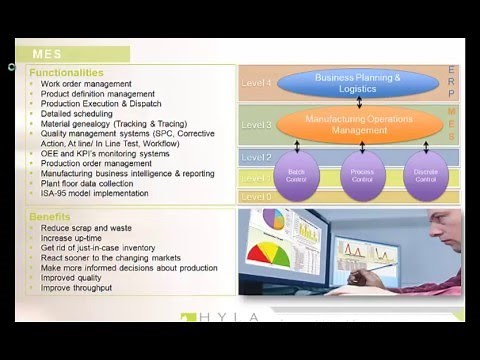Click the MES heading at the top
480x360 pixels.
(53, 54)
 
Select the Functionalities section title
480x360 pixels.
(66, 73)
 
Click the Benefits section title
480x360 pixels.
(50, 215)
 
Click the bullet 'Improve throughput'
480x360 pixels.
(76, 287)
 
